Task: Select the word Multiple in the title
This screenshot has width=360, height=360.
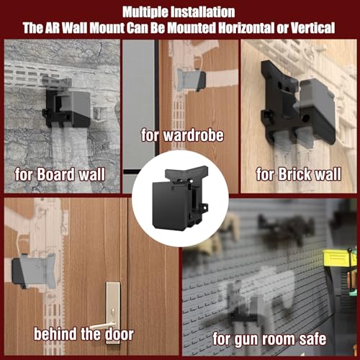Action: tap(148, 11)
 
